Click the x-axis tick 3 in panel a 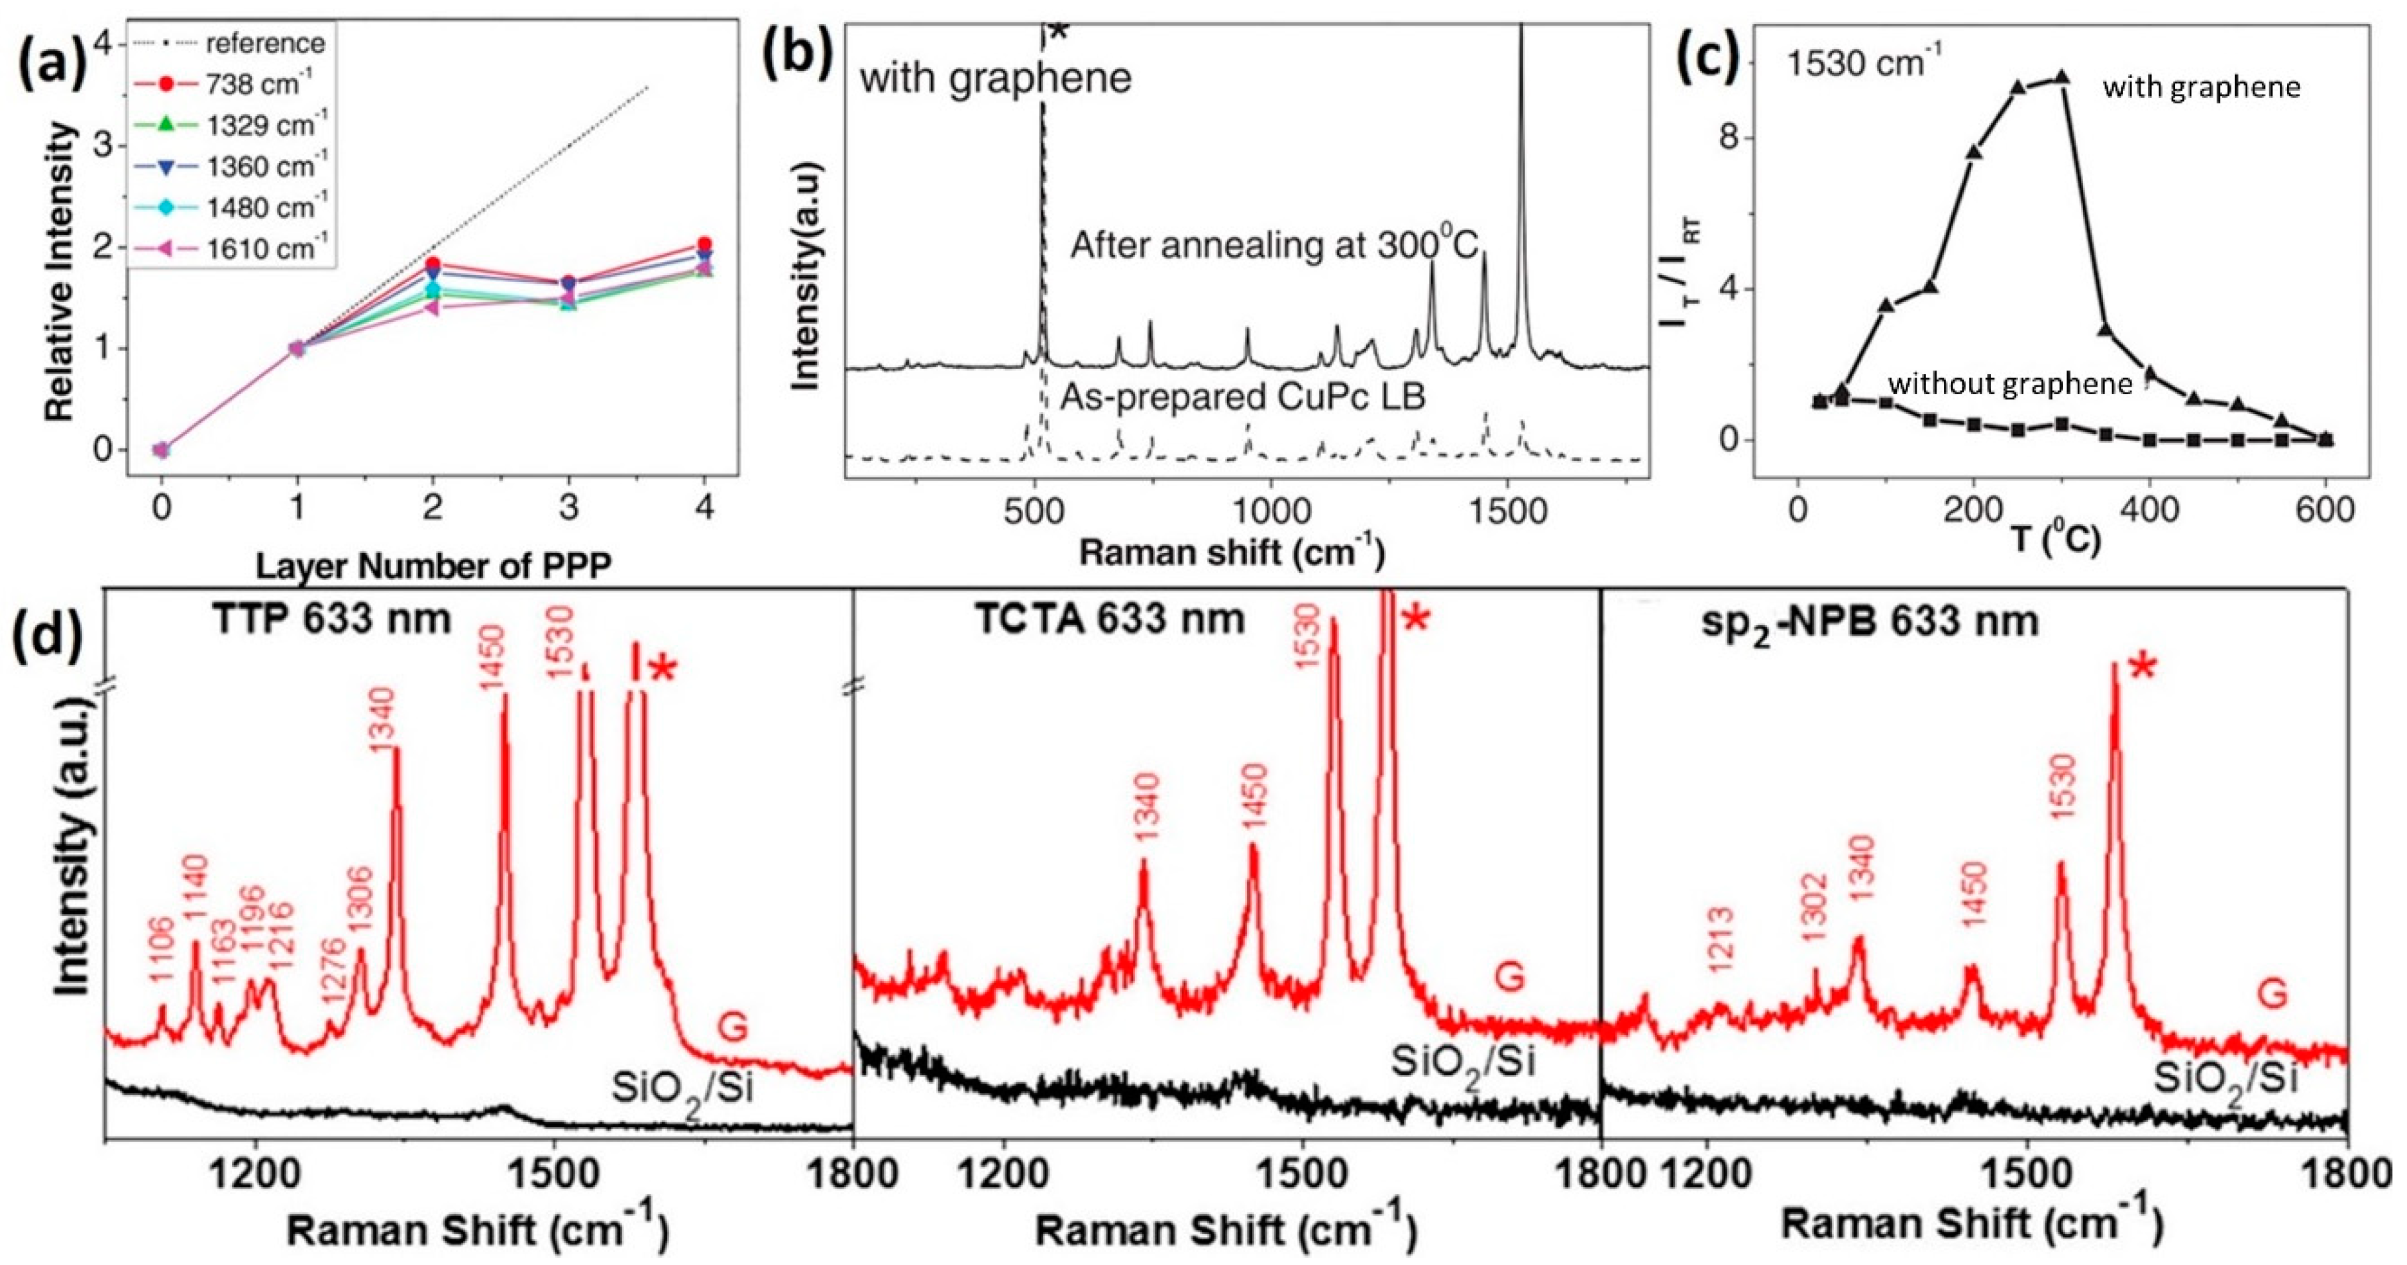coord(569,508)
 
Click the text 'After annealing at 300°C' coord(1275,246)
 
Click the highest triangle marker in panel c coord(2055,105)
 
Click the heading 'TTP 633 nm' coord(332,619)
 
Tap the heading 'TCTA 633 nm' coord(1110,619)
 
